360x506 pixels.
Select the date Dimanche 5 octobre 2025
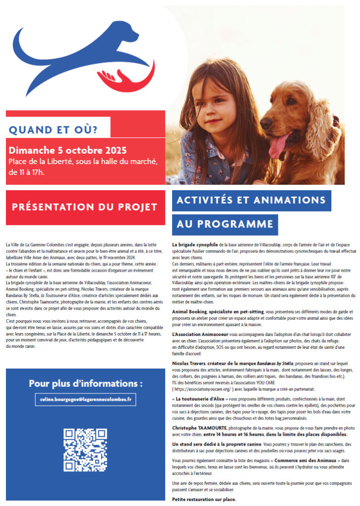pos(68,150)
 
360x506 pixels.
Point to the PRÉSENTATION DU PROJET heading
pos(84,207)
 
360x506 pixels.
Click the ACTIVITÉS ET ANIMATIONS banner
pos(251,200)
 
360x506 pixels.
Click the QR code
pos(85,450)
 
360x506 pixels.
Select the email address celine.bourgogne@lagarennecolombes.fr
pos(85,399)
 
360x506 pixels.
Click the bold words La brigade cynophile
pos(195,245)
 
